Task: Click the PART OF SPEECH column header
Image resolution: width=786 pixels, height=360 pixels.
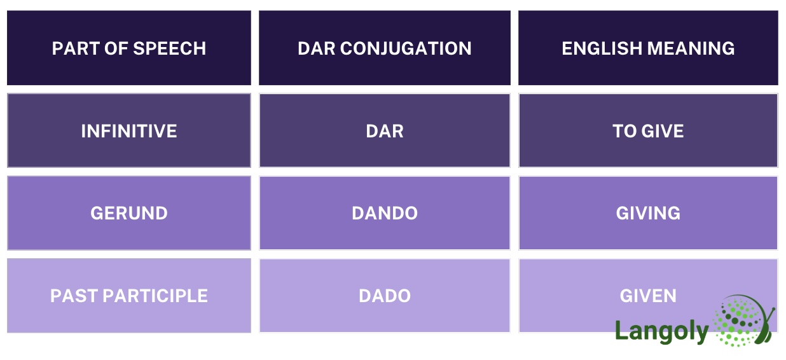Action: [129, 48]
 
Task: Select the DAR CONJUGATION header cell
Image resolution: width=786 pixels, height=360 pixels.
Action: [384, 48]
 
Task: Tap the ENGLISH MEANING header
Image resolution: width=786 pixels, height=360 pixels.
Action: [648, 48]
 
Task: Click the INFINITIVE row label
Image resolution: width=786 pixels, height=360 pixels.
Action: [129, 131]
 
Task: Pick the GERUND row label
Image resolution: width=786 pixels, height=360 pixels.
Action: [129, 213]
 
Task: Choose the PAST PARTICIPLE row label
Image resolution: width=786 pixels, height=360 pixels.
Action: [129, 296]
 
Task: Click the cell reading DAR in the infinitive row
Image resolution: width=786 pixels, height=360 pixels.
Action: [384, 131]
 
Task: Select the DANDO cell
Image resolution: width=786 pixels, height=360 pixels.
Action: [384, 213]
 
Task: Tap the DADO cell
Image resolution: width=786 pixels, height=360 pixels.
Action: [384, 296]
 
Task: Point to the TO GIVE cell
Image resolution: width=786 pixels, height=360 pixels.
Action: [648, 131]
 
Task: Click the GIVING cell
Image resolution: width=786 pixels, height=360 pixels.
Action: [648, 213]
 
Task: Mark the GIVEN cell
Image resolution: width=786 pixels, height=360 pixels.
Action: [648, 296]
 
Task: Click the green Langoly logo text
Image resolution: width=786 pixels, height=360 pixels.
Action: [661, 331]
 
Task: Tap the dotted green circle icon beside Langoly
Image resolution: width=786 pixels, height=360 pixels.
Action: [742, 321]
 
